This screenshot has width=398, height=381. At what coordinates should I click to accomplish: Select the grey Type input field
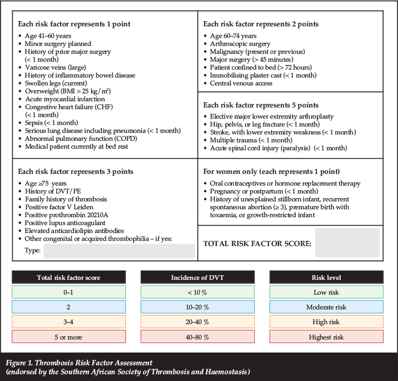coord(119,251)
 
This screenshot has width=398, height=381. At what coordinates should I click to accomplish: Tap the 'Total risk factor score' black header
coord(68,277)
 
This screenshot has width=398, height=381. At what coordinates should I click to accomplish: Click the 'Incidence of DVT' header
coord(198,277)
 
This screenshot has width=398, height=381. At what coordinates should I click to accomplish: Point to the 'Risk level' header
coord(326,277)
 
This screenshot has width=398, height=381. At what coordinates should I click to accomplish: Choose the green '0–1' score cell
coord(68,292)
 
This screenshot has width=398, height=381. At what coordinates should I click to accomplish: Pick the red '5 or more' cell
coord(68,336)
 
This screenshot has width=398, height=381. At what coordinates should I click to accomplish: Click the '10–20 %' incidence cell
coord(198,307)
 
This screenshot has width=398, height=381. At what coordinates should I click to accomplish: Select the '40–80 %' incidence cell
coord(198,336)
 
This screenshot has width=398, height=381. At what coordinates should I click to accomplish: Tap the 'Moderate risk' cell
coord(326,307)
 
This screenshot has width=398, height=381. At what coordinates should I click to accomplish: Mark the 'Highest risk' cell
coord(326,336)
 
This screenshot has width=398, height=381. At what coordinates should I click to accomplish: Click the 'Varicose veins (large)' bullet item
coord(55,67)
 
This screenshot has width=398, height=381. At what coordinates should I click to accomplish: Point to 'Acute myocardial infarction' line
coord(65,99)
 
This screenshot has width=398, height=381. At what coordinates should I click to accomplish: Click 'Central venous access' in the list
coord(241,83)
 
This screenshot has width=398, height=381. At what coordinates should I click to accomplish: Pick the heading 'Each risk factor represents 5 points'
coord(261,105)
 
